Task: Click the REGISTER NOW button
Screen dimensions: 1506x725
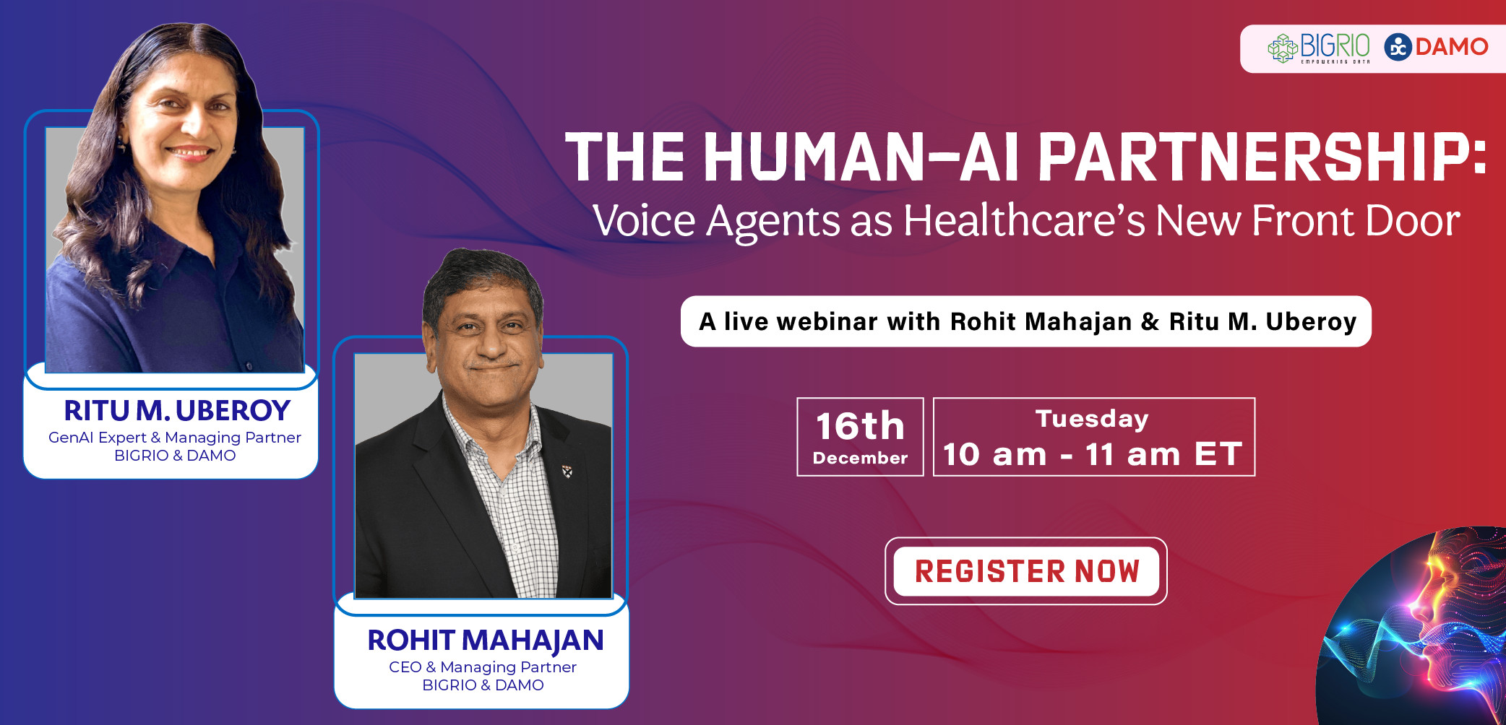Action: [x=1026, y=571]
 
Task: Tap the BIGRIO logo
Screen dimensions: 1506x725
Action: [x=1319, y=48]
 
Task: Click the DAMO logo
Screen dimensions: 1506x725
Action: [x=1436, y=47]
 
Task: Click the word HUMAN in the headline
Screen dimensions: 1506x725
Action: [x=814, y=157]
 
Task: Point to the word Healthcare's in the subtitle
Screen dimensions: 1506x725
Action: [x=1024, y=220]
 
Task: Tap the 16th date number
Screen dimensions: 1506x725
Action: [x=860, y=426]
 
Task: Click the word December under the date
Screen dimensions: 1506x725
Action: [x=860, y=458]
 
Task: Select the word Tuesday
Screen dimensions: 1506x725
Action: [x=1092, y=420]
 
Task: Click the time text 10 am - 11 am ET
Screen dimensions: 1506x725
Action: [x=1093, y=454]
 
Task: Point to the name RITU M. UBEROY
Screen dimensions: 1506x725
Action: [x=177, y=410]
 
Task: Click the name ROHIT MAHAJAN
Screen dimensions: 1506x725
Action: [x=485, y=641]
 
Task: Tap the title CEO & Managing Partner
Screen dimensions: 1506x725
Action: [x=483, y=667]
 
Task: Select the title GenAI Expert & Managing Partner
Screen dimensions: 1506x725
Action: [x=175, y=438]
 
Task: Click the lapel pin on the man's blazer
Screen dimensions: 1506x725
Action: [x=567, y=472]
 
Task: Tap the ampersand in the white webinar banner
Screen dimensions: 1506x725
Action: [x=1150, y=322]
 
